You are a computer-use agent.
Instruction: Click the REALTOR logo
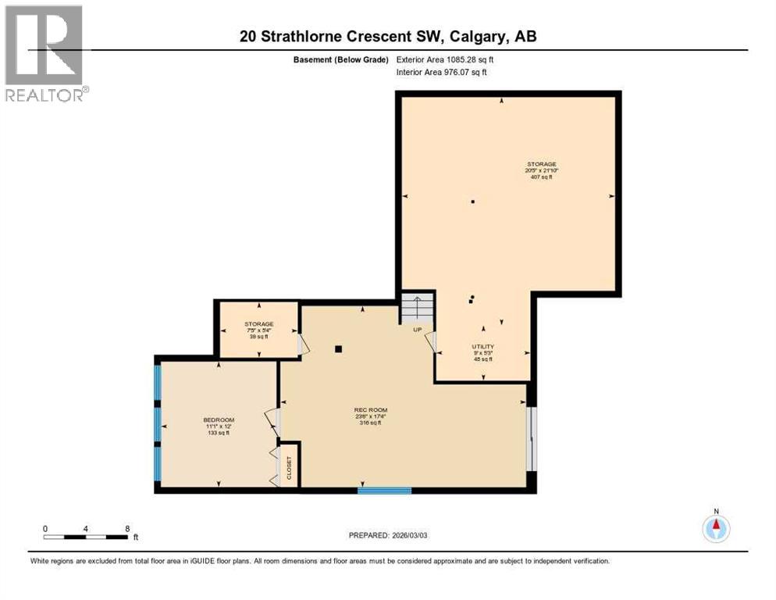coord(45,53)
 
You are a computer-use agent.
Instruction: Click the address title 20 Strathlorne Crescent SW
coord(388,37)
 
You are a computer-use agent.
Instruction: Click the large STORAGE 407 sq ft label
coord(540,170)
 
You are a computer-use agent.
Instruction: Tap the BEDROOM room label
coord(218,426)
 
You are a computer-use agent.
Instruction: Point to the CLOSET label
coord(289,466)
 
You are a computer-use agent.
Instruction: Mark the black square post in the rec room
coord(338,349)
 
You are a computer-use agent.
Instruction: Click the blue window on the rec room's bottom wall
coord(384,491)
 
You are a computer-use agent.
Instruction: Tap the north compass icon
coord(715,528)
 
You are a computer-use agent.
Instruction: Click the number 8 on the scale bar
coord(127,528)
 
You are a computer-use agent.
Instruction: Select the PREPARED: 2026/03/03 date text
coord(388,535)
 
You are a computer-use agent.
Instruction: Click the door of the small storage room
coord(304,344)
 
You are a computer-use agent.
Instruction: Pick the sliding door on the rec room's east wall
coord(531,440)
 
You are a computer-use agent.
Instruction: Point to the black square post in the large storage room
coord(472,202)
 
